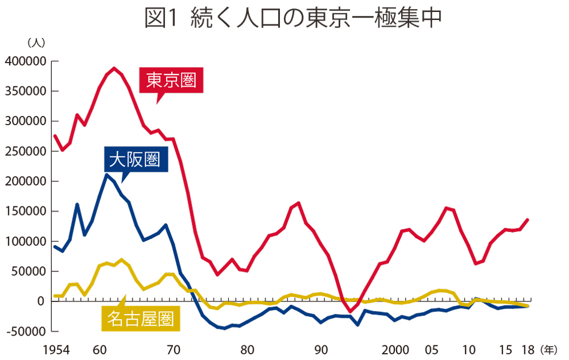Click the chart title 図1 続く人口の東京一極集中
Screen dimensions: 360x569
click(293, 18)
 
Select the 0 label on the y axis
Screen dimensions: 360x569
click(42, 301)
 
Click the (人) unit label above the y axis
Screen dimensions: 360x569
click(35, 43)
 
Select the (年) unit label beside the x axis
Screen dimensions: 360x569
click(550, 349)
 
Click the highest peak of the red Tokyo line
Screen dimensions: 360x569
click(114, 68)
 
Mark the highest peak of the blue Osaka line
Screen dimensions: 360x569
click(106, 175)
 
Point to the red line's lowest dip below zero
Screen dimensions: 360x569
click(351, 312)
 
